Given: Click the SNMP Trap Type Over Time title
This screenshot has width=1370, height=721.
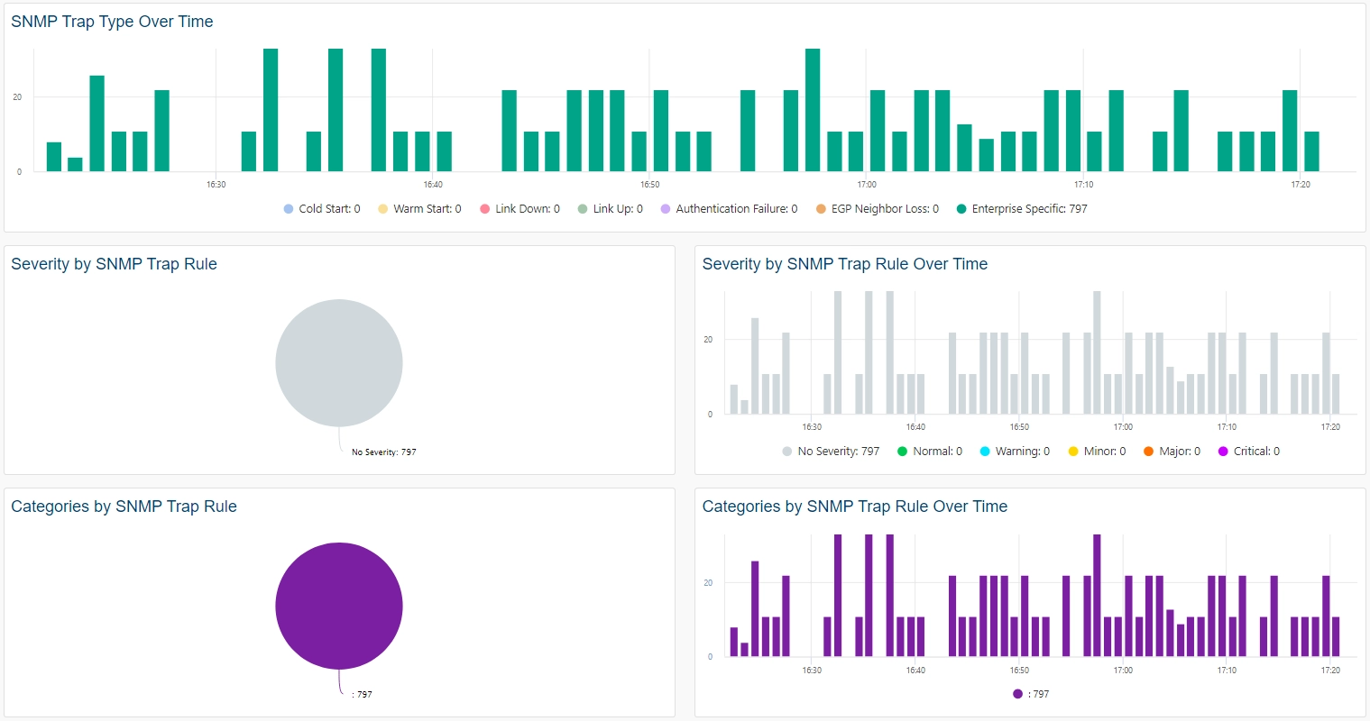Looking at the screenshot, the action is [x=112, y=22].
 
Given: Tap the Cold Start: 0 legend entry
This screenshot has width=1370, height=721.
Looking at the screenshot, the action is [x=322, y=209].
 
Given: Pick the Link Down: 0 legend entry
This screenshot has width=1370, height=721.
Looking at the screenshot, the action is [x=519, y=209].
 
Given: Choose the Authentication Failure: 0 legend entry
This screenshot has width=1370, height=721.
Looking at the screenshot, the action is [x=729, y=209].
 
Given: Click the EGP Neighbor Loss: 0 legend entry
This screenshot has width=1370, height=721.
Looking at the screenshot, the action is [x=877, y=209].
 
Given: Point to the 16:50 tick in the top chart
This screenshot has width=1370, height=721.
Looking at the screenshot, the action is [x=649, y=185].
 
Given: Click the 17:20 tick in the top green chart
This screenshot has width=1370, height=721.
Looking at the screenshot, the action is [x=1301, y=185].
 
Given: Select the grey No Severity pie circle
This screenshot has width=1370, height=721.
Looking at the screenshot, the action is [x=339, y=363].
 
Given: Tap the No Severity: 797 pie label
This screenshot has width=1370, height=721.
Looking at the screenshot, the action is [x=383, y=452].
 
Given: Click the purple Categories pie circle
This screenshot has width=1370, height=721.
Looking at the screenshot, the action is [x=339, y=606].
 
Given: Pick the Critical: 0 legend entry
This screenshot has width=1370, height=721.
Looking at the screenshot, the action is [x=1249, y=452].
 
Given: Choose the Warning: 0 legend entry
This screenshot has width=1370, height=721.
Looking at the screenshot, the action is [x=1015, y=452].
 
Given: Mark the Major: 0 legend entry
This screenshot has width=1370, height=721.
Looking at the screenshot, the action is [x=1172, y=452].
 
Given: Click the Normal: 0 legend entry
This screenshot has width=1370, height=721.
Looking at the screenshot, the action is [x=930, y=452].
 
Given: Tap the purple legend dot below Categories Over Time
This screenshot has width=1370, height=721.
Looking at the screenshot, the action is [x=1017, y=694].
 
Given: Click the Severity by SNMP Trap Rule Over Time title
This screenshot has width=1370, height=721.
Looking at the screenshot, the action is [x=844, y=264].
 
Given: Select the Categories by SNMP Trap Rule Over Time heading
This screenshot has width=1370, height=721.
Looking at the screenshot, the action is [x=854, y=507].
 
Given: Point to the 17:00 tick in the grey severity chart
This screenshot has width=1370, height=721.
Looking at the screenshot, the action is [x=1123, y=427].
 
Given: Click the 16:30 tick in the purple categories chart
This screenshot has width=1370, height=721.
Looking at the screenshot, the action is [x=812, y=671].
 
